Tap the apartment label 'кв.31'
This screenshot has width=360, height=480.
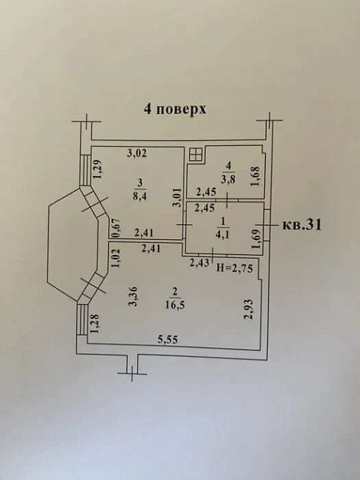(x=302, y=225)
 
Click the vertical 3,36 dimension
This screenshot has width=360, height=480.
(x=132, y=296)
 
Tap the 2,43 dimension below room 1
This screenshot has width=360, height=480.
(x=199, y=263)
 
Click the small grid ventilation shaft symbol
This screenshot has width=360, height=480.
(x=195, y=154)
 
